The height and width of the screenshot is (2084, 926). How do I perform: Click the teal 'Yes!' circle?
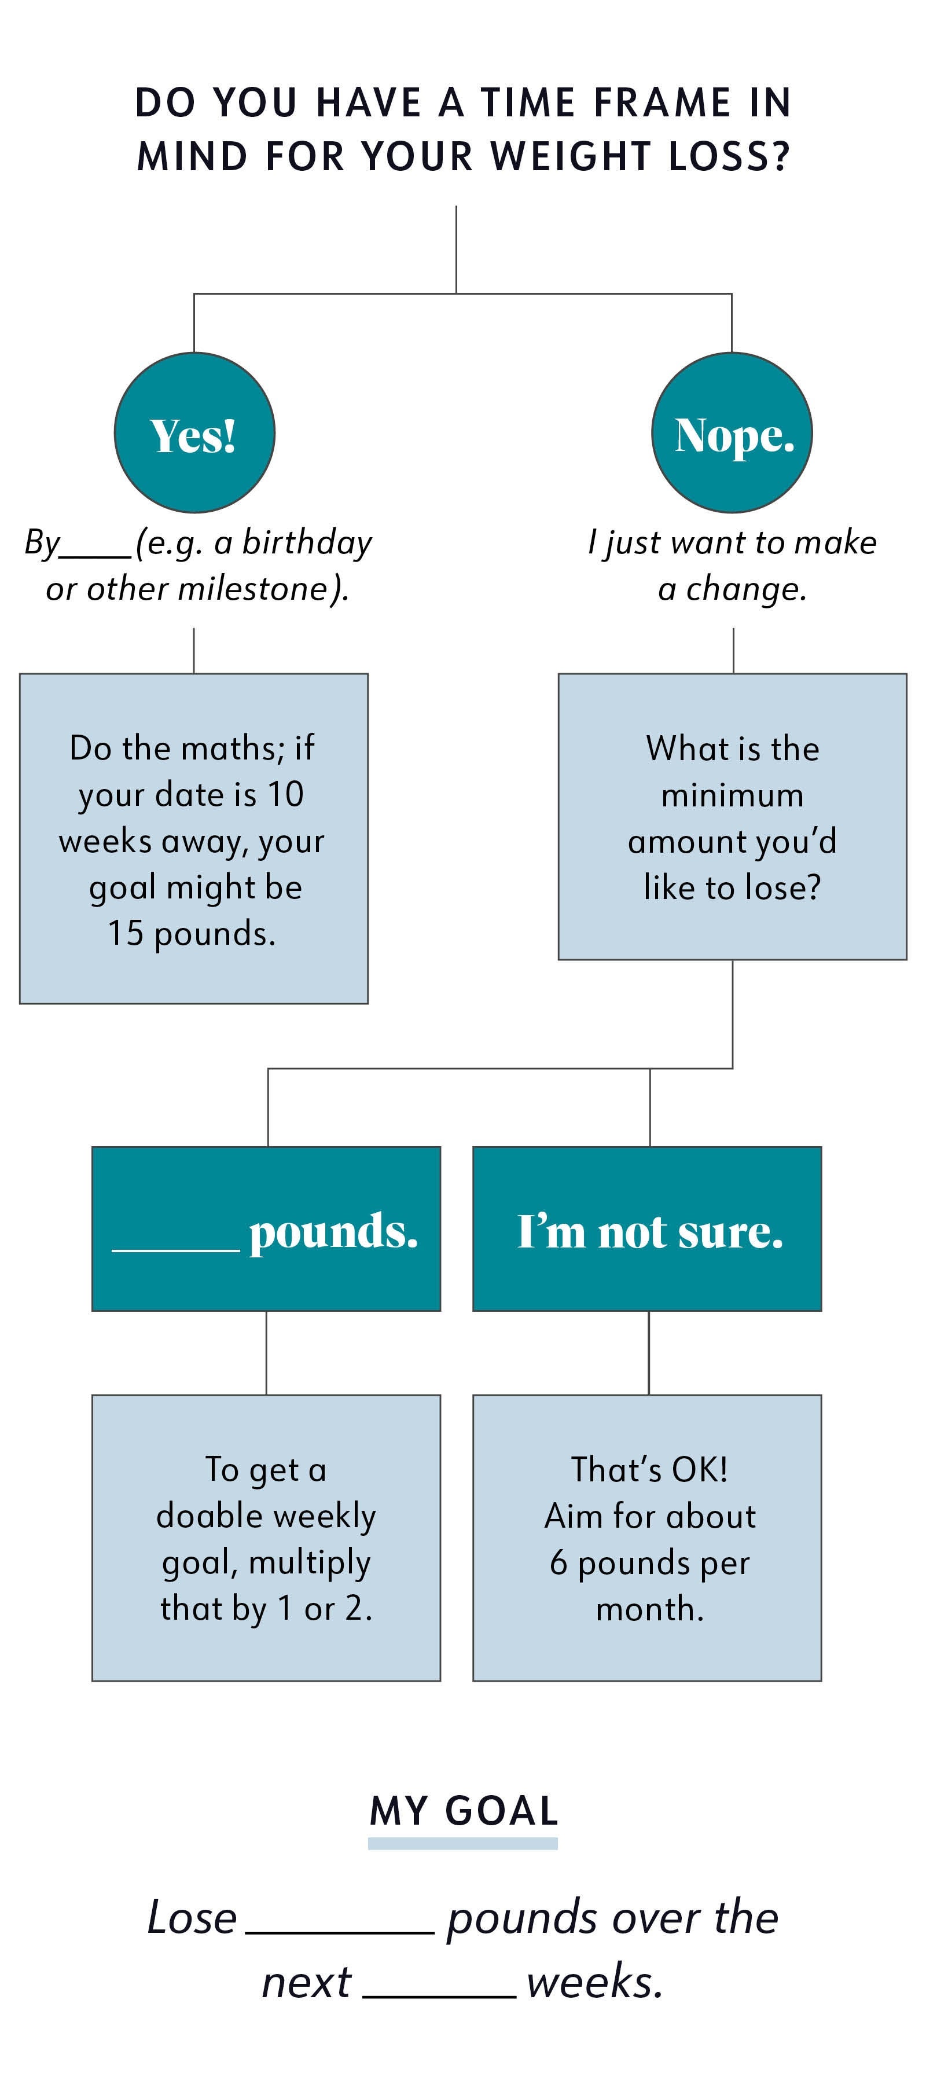click(194, 433)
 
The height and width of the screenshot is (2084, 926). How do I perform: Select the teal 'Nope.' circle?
click(732, 433)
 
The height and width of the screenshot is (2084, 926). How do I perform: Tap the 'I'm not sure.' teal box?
click(647, 1229)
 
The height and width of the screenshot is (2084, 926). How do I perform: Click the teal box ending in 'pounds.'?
click(266, 1229)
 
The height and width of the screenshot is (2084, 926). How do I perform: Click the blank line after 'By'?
click(95, 556)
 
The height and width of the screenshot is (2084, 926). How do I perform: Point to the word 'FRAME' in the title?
click(662, 102)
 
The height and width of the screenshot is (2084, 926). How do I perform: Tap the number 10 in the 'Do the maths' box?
click(285, 794)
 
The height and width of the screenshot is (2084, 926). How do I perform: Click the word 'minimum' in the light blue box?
click(733, 795)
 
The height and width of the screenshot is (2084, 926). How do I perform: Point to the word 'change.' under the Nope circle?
click(745, 589)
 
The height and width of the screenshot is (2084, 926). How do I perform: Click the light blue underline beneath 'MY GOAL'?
click(462, 1843)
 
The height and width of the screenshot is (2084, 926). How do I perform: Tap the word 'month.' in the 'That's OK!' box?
click(650, 1608)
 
